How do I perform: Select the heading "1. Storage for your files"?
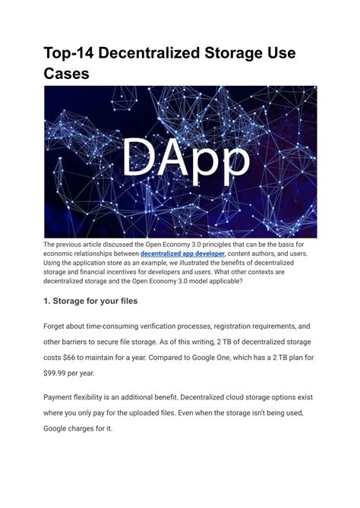pos(100,301)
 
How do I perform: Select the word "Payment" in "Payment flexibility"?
pos(63,396)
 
